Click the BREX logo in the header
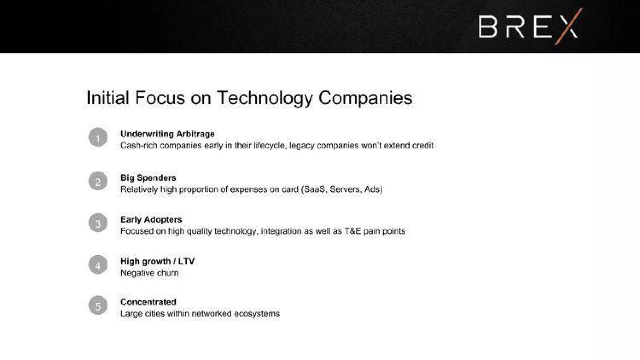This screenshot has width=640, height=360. [528, 27]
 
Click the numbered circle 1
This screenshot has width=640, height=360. [98, 137]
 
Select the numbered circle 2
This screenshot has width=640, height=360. [98, 181]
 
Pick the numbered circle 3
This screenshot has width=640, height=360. [98, 223]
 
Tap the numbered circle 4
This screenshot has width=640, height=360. [98, 265]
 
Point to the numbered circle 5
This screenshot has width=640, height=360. [98, 306]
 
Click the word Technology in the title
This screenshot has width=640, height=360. [264, 98]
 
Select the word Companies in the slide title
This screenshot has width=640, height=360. [365, 98]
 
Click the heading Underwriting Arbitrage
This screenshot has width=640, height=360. [167, 134]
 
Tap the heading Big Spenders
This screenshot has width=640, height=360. [148, 178]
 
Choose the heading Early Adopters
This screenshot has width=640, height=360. [151, 220]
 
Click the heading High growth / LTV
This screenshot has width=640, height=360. [157, 261]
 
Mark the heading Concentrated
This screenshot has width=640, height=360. [148, 302]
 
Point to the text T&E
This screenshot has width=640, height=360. [352, 231]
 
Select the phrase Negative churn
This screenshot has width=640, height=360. [149, 273]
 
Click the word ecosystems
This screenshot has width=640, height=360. [257, 314]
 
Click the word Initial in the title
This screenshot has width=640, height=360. [107, 98]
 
